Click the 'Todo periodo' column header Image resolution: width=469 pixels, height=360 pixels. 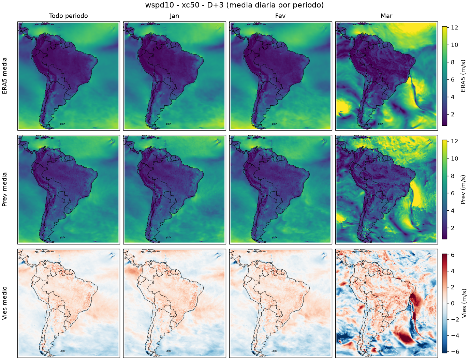(69, 16)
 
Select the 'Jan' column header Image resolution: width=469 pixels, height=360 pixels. (174, 16)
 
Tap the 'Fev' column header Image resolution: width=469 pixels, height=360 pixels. (280, 16)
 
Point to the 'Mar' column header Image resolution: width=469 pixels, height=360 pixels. (386, 16)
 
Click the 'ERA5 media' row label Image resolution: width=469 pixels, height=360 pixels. (4, 76)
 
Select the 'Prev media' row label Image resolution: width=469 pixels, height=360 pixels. (4, 190)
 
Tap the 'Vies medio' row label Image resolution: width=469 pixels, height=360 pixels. (4, 303)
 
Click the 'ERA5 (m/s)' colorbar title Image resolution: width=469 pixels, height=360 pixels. (463, 76)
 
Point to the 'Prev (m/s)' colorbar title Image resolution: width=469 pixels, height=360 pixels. (463, 190)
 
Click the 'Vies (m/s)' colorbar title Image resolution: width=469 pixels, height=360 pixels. (463, 303)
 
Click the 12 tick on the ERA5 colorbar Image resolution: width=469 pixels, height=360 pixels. (454, 27)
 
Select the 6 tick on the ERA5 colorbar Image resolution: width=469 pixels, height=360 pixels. (453, 79)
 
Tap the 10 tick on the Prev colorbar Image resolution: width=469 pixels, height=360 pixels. (454, 159)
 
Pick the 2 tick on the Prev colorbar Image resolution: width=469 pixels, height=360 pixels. (453, 228)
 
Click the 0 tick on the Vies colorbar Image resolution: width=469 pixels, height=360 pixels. (453, 303)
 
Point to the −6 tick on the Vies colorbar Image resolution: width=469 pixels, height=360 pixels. (454, 352)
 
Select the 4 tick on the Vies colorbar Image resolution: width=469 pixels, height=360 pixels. (453, 271)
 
